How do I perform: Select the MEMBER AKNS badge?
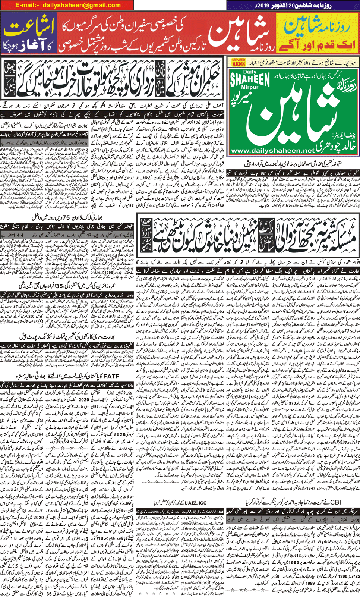[x=239, y=62]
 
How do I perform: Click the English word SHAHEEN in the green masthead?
[x=250, y=79]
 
